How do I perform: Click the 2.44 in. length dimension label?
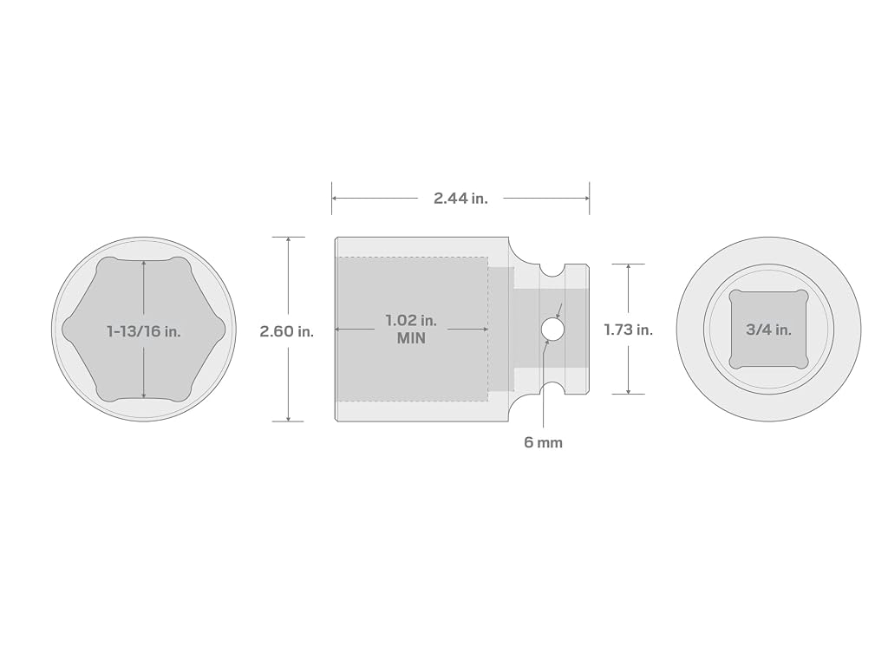[x=460, y=199]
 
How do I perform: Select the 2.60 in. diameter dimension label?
[x=286, y=331]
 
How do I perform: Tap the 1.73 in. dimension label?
[x=628, y=330]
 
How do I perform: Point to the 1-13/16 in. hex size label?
[x=144, y=331]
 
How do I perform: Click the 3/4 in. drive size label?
[x=768, y=330]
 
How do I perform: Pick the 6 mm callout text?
[x=543, y=442]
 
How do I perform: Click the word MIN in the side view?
[x=411, y=339]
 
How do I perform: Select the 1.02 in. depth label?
[x=411, y=320]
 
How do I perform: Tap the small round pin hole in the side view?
[x=552, y=329]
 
